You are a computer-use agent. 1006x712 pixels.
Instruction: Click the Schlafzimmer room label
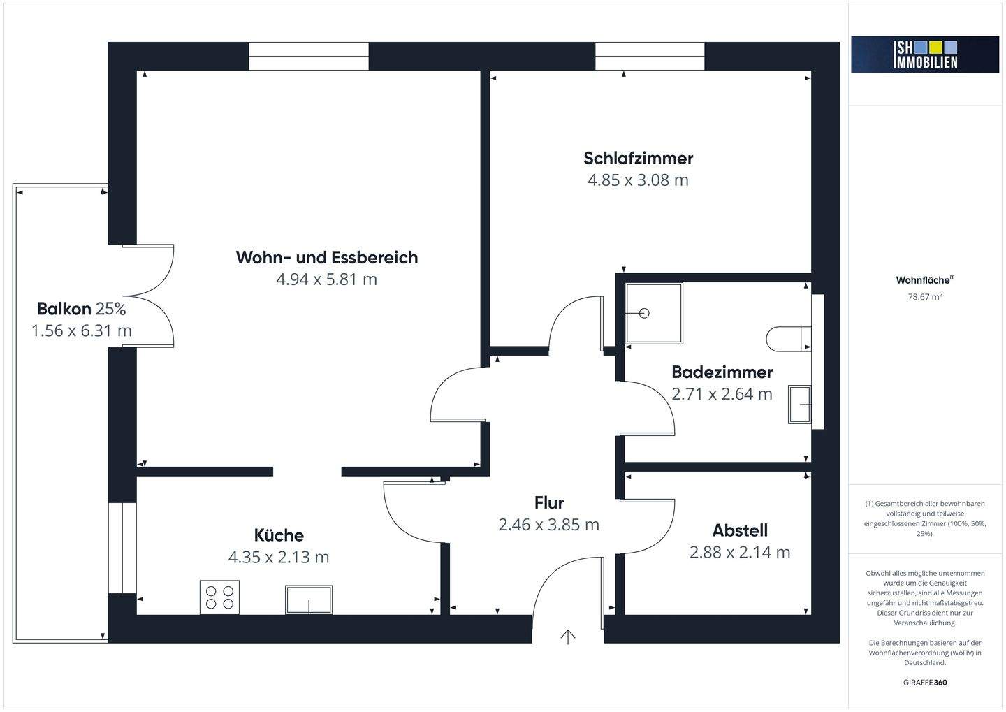(639, 158)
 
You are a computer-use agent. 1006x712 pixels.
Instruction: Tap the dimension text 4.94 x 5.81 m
(326, 279)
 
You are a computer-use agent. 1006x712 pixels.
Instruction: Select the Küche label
(279, 535)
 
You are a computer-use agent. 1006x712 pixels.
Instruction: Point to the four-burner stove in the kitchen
(219, 597)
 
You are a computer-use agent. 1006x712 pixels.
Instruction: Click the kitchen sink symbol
(309, 600)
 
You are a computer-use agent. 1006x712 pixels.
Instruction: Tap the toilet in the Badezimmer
(789, 339)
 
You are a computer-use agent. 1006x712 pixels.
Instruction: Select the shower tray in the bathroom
(654, 313)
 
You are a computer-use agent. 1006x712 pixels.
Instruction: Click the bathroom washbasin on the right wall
(800, 405)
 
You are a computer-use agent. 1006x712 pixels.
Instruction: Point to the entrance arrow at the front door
(568, 637)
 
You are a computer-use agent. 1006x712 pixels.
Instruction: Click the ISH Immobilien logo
(925, 55)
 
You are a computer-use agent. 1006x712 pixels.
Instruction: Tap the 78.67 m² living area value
(925, 296)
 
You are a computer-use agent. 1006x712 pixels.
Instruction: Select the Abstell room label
(740, 530)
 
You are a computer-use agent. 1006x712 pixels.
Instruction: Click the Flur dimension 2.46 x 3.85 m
(549, 525)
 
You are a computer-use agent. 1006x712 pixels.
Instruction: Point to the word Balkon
(64, 309)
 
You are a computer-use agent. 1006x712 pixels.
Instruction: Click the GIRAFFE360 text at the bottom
(925, 683)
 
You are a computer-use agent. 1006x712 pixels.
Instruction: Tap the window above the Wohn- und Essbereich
(309, 56)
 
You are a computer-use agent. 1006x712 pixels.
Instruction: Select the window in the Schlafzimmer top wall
(650, 56)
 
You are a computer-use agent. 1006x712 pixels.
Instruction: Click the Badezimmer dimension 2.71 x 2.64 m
(722, 394)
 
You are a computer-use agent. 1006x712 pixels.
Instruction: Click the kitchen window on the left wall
(123, 548)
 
